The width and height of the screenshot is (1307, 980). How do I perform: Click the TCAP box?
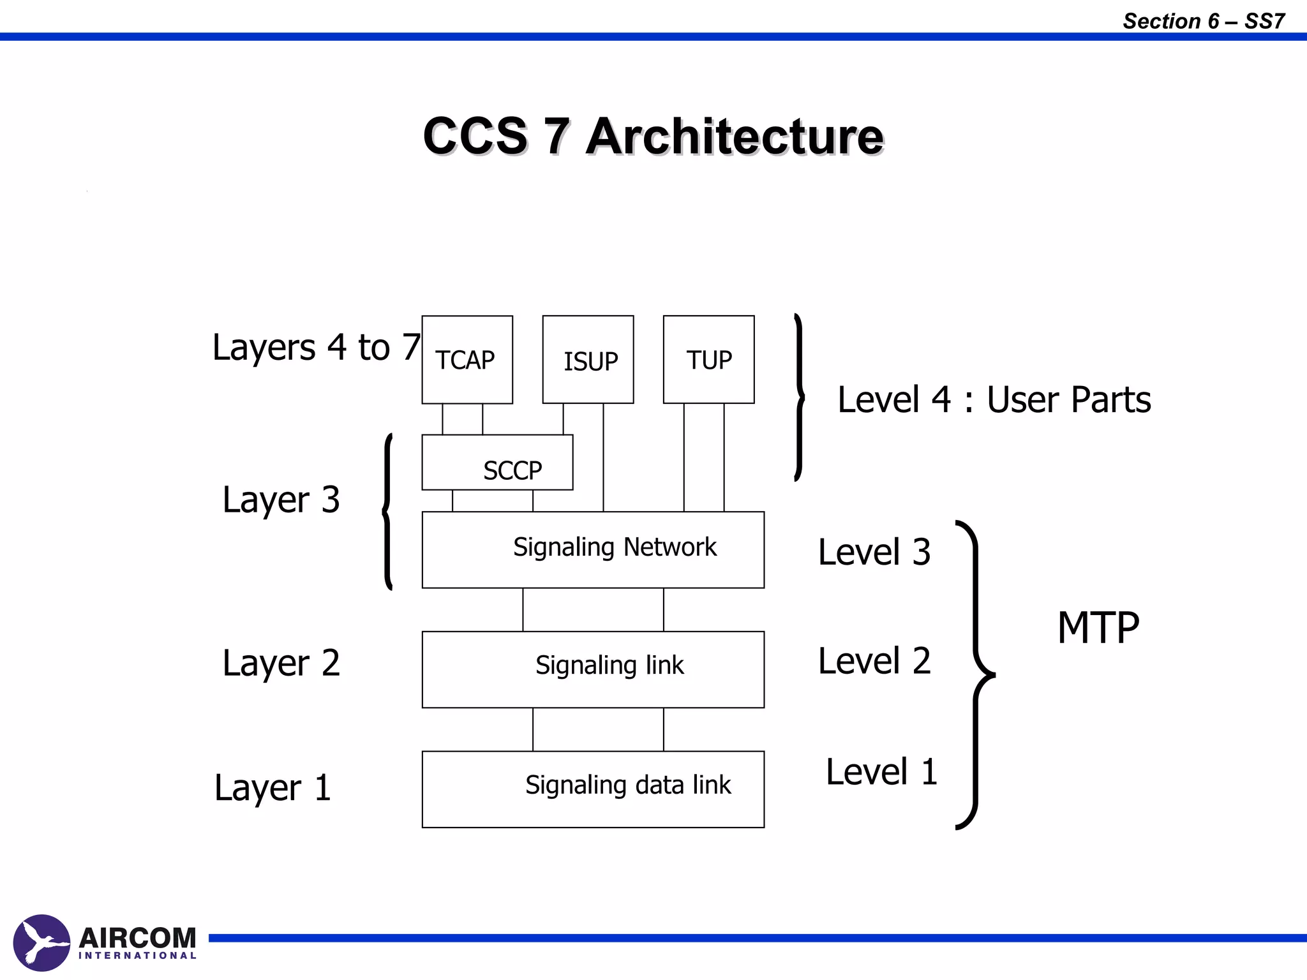[467, 360]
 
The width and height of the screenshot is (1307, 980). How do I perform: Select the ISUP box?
[588, 360]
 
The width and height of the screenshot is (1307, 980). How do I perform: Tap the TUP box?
[708, 360]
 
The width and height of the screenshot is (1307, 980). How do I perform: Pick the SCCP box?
[497, 463]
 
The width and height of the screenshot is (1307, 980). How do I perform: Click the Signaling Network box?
[593, 549]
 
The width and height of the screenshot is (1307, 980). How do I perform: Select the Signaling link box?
[593, 669]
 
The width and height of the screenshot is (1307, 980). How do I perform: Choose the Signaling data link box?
[593, 789]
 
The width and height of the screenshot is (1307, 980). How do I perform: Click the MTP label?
[1098, 628]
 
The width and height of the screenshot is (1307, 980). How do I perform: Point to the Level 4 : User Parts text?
[994, 400]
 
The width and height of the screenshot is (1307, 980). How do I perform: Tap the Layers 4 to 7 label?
[316, 348]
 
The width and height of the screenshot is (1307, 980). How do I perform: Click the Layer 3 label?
[281, 500]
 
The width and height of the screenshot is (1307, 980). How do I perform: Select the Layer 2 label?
[281, 663]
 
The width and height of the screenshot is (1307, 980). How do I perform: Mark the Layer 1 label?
[273, 788]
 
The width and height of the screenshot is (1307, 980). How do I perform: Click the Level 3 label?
[874, 552]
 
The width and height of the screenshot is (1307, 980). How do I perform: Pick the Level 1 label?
[881, 772]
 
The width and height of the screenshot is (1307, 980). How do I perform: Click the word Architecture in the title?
[734, 137]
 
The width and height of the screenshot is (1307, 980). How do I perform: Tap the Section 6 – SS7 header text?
[1203, 21]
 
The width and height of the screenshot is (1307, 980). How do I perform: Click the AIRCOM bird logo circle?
[41, 942]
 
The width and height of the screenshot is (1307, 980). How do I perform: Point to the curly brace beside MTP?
[976, 674]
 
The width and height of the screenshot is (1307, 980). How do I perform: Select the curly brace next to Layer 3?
[387, 511]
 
